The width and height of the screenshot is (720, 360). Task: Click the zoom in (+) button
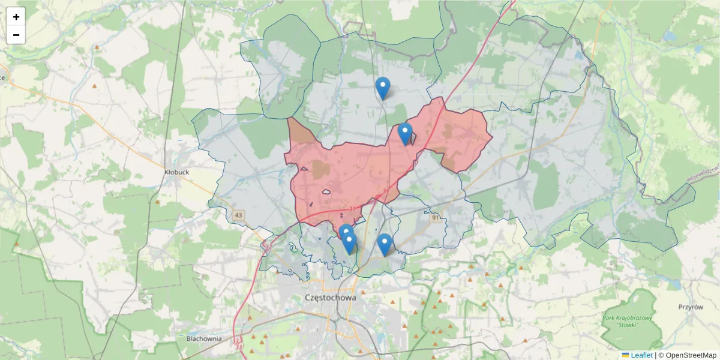16,17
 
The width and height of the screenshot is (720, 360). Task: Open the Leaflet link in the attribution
641,355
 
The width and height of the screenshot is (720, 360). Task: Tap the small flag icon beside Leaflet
625,355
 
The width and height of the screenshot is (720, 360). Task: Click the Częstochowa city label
331,298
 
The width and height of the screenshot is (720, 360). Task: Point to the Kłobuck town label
176,172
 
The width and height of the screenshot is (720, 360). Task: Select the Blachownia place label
204,338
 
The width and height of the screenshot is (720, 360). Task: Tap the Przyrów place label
691,307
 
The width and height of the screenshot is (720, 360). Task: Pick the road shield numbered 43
239,215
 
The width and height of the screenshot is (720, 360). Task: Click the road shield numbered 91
436,218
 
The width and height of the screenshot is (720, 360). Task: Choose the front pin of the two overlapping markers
349,242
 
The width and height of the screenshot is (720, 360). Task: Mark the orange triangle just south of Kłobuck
158,202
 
